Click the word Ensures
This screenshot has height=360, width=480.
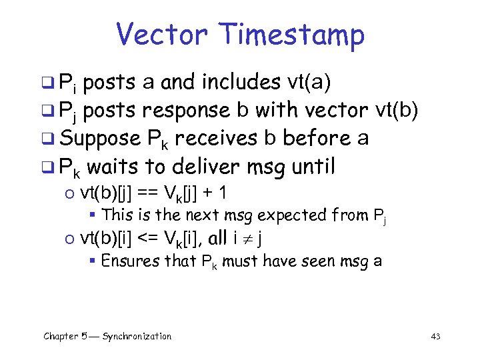125,260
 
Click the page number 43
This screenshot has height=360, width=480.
435,337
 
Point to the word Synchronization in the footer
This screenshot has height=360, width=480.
137,336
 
